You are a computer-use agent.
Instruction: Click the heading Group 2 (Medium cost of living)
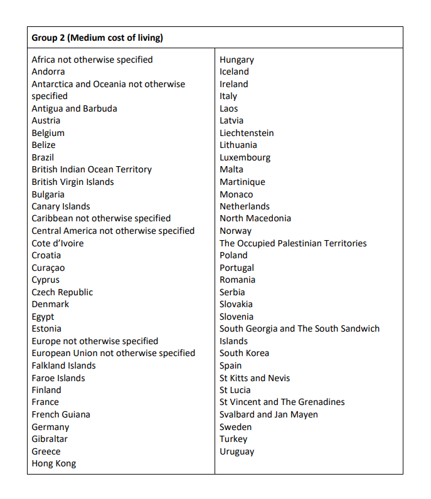[x=97, y=38]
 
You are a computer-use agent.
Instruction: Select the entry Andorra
[x=48, y=71]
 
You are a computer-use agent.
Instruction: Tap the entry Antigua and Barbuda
[x=74, y=108]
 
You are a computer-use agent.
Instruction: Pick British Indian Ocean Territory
[x=92, y=169]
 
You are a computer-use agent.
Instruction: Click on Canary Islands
[x=61, y=206]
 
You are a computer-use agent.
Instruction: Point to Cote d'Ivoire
[x=58, y=243]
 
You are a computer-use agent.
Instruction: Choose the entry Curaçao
[x=48, y=268]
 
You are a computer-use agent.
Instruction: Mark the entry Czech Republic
[x=62, y=292]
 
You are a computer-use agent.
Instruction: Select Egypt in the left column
[x=43, y=317]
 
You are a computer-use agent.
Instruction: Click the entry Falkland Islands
[x=64, y=365]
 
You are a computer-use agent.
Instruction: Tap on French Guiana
[x=61, y=414]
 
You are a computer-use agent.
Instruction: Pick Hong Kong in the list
[x=54, y=463]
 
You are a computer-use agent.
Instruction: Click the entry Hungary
[x=237, y=60]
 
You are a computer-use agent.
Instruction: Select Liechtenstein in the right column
[x=247, y=133]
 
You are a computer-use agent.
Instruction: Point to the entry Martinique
[x=242, y=182]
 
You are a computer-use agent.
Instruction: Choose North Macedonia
[x=255, y=218]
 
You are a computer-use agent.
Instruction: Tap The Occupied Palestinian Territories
[x=293, y=243]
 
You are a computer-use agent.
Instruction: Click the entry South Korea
[x=244, y=353]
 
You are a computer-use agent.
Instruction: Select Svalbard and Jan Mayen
[x=269, y=414]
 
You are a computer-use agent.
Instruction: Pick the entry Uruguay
[x=237, y=451]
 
